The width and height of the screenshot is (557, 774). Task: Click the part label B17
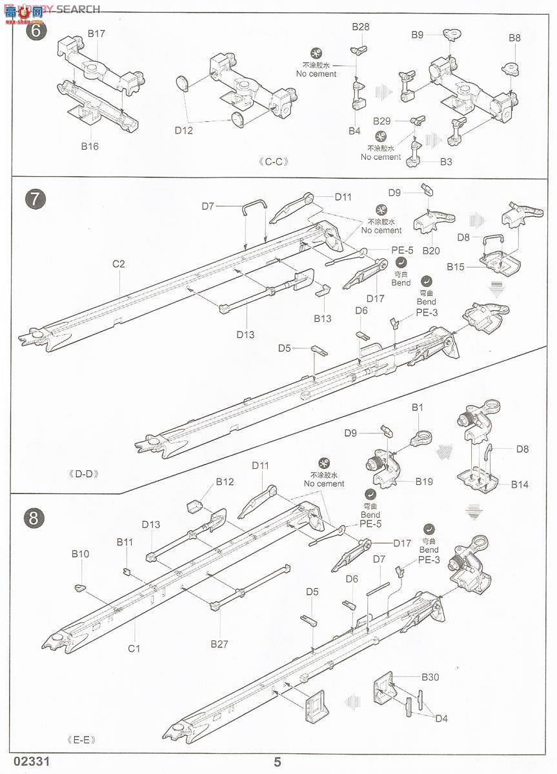[x=96, y=33]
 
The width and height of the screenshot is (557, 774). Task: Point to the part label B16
[x=90, y=146]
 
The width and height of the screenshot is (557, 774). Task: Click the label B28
[x=361, y=26]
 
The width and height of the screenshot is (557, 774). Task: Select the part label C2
[x=118, y=263]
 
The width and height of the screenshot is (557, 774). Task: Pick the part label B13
[x=323, y=318]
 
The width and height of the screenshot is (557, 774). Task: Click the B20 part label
[x=430, y=250]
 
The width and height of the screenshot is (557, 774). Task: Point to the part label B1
[x=418, y=408]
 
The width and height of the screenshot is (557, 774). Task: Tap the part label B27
[x=220, y=643]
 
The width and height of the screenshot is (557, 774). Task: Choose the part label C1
[x=134, y=648]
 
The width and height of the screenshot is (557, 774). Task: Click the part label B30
[x=430, y=677]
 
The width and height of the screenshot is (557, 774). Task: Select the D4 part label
[x=441, y=719]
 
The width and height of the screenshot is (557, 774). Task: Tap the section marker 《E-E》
[x=79, y=740]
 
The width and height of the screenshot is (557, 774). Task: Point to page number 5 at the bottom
[x=278, y=762]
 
